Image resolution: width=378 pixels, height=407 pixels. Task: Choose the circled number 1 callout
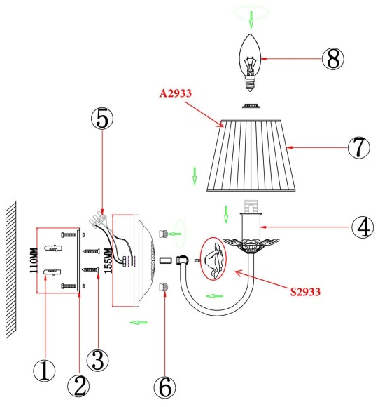(45, 370)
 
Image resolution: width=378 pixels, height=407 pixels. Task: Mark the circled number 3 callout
(99, 361)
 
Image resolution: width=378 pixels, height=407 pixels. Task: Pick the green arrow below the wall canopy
(141, 322)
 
